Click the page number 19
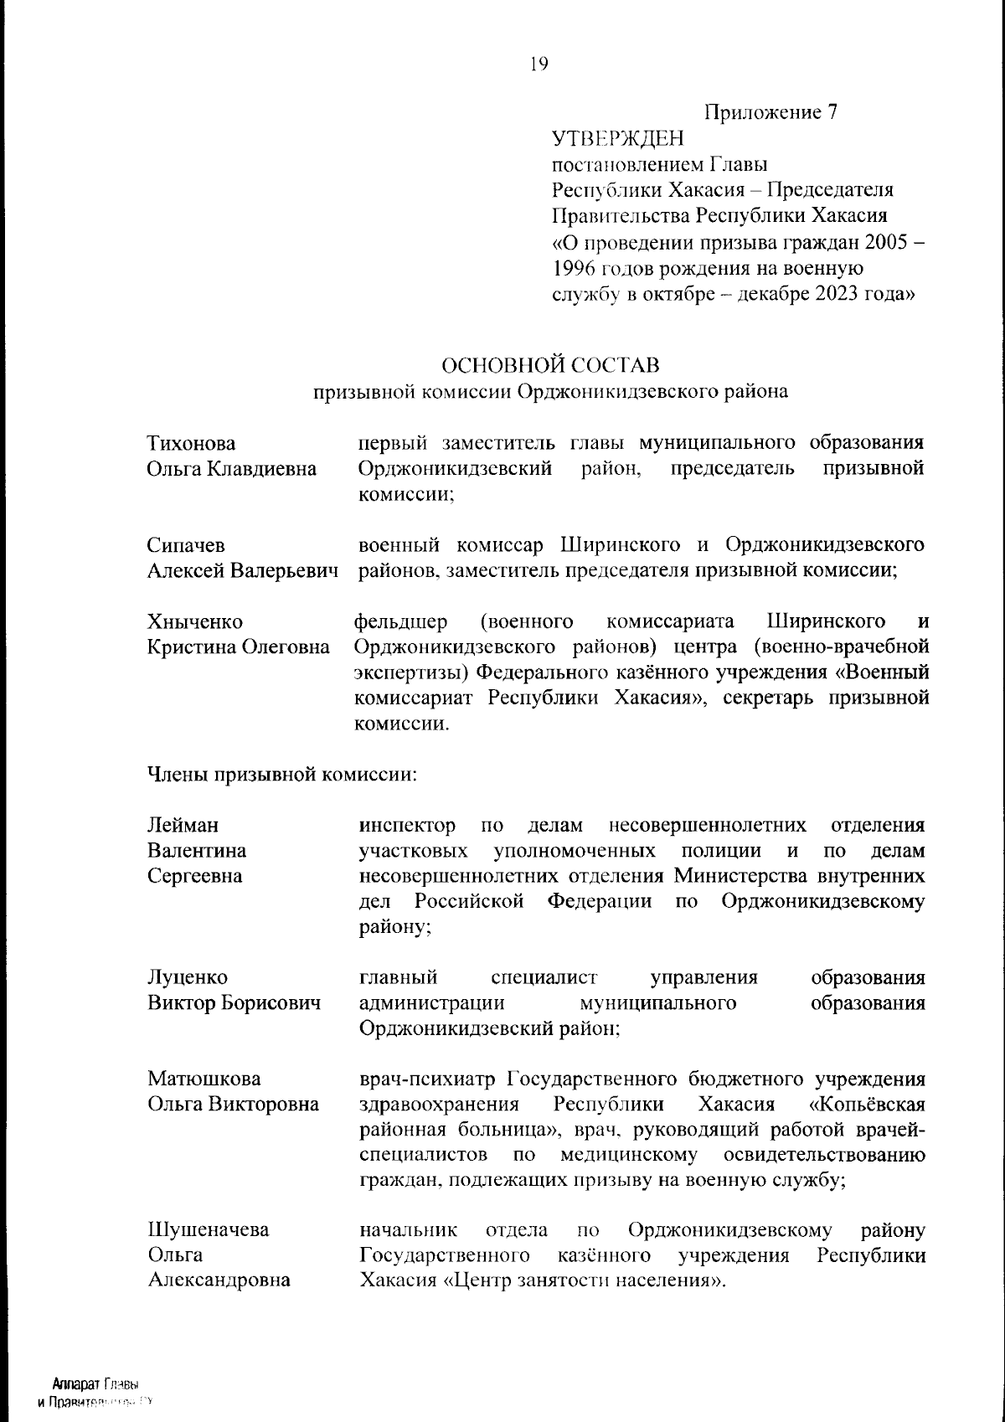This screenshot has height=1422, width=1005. [539, 64]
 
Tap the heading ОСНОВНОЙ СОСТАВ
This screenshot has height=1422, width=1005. [550, 366]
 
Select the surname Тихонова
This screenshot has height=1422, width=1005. [191, 443]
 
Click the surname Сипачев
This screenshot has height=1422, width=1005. [186, 546]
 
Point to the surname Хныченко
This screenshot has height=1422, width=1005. [195, 622]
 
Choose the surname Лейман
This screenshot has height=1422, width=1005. [183, 826]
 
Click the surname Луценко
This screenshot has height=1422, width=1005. [188, 977]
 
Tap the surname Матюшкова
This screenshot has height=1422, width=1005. [204, 1079]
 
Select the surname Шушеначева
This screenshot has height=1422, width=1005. [209, 1230]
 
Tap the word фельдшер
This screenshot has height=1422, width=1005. [401, 622]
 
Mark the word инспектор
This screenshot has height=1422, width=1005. [408, 826]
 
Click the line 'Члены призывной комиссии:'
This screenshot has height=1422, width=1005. [282, 775]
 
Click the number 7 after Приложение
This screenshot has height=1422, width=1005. [832, 112]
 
